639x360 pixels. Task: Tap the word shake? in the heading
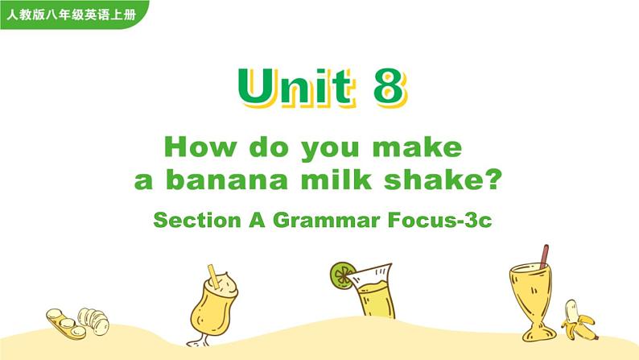pos(439,180)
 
